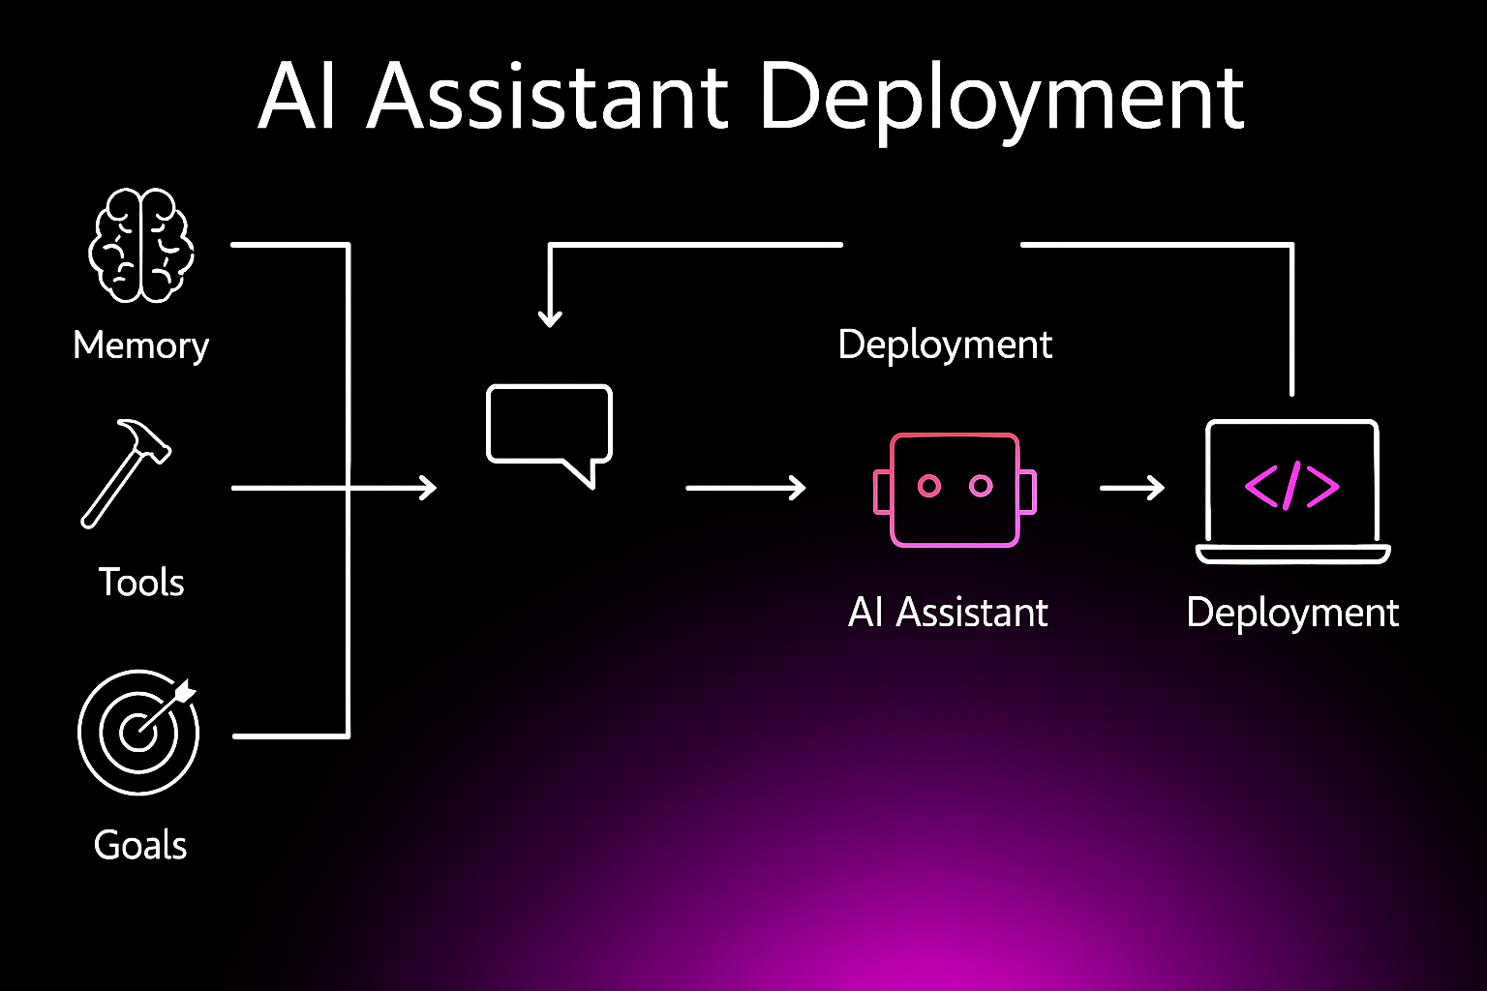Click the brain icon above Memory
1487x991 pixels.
tap(140, 245)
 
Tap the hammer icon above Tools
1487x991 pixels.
tap(126, 474)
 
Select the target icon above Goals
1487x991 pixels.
tap(138, 733)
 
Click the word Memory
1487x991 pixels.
tap(140, 345)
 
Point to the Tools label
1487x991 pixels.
tap(140, 583)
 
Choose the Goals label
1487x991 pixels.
tap(140, 845)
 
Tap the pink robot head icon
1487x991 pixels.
tap(955, 490)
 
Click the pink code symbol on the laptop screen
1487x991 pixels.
tap(1291, 487)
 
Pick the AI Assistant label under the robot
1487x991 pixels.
tap(948, 612)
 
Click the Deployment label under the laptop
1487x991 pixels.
tap(1292, 612)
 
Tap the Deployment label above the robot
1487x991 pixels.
tap(945, 345)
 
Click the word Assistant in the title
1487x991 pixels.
tap(548, 96)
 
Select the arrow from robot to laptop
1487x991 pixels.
tap(1132, 488)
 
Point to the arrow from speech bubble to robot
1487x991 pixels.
tap(746, 488)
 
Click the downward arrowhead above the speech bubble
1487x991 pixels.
tap(550, 318)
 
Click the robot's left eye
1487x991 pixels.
tap(928, 486)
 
